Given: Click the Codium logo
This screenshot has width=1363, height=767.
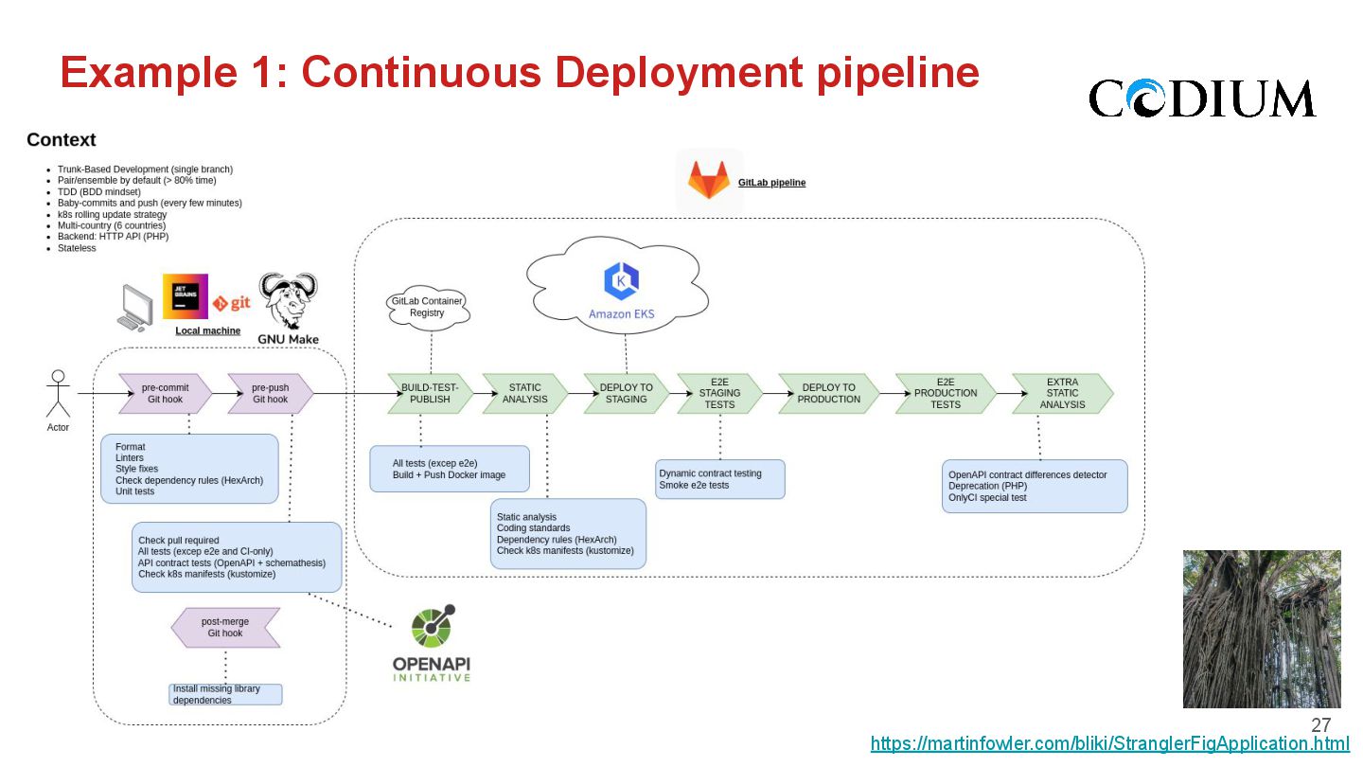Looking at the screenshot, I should pos(1201,98).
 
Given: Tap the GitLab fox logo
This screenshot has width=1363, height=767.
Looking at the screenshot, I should pos(708,180).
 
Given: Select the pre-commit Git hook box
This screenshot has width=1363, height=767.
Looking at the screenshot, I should pos(166,393).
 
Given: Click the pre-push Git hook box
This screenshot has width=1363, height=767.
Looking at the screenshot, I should pos(271,393).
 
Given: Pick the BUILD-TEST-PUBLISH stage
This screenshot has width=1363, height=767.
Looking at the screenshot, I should pos(431,393).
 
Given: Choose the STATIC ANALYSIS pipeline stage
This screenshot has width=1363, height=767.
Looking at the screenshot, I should pos(525,393).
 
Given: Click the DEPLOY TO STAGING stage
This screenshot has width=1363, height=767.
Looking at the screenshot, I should pos(626,393).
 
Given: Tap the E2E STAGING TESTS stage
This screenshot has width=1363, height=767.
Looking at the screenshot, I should pos(719,393).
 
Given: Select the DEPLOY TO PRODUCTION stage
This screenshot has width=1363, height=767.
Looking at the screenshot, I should pos(828,393).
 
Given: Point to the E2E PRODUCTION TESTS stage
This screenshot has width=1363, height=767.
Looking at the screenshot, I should pos(946,393).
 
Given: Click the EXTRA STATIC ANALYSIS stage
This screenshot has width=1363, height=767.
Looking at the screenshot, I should pos(1062,393).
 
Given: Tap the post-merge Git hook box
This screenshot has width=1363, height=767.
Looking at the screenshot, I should pos(225,627).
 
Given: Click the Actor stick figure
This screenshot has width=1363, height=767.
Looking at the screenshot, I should pos(59,394).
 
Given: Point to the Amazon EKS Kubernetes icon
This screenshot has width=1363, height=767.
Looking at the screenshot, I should pos(621,281).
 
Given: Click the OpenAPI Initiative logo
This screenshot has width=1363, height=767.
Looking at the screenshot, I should pos(432,645).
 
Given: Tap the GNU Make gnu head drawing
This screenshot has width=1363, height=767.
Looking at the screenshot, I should pos(289,301).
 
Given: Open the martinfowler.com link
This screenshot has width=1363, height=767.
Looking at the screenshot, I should pos(1109,743).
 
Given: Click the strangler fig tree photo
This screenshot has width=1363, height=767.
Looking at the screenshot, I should pos(1262,629).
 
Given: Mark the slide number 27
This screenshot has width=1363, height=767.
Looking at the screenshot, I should pos(1320,725).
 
